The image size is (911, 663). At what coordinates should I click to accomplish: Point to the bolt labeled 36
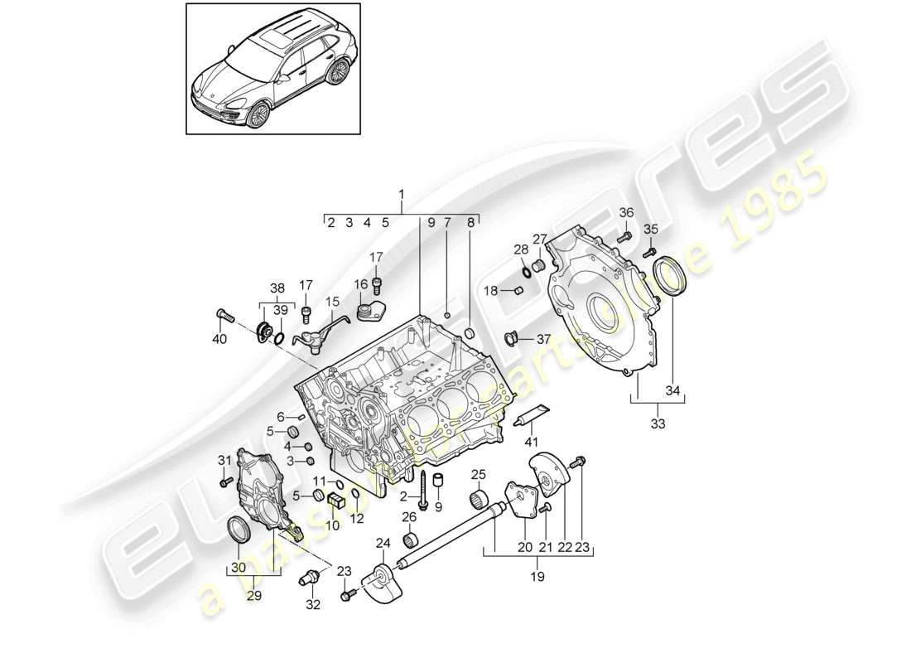click(x=625, y=236)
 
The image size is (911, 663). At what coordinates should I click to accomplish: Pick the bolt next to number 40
click(x=226, y=315)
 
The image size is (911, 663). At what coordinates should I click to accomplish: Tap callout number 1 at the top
click(x=402, y=195)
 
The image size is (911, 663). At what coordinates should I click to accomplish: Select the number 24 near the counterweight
click(x=383, y=544)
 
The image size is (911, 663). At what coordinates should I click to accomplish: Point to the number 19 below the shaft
click(x=537, y=575)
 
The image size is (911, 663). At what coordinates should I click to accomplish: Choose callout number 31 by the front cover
click(x=224, y=460)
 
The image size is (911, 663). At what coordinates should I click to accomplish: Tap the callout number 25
click(x=478, y=474)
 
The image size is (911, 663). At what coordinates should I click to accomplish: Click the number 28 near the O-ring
click(x=520, y=249)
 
